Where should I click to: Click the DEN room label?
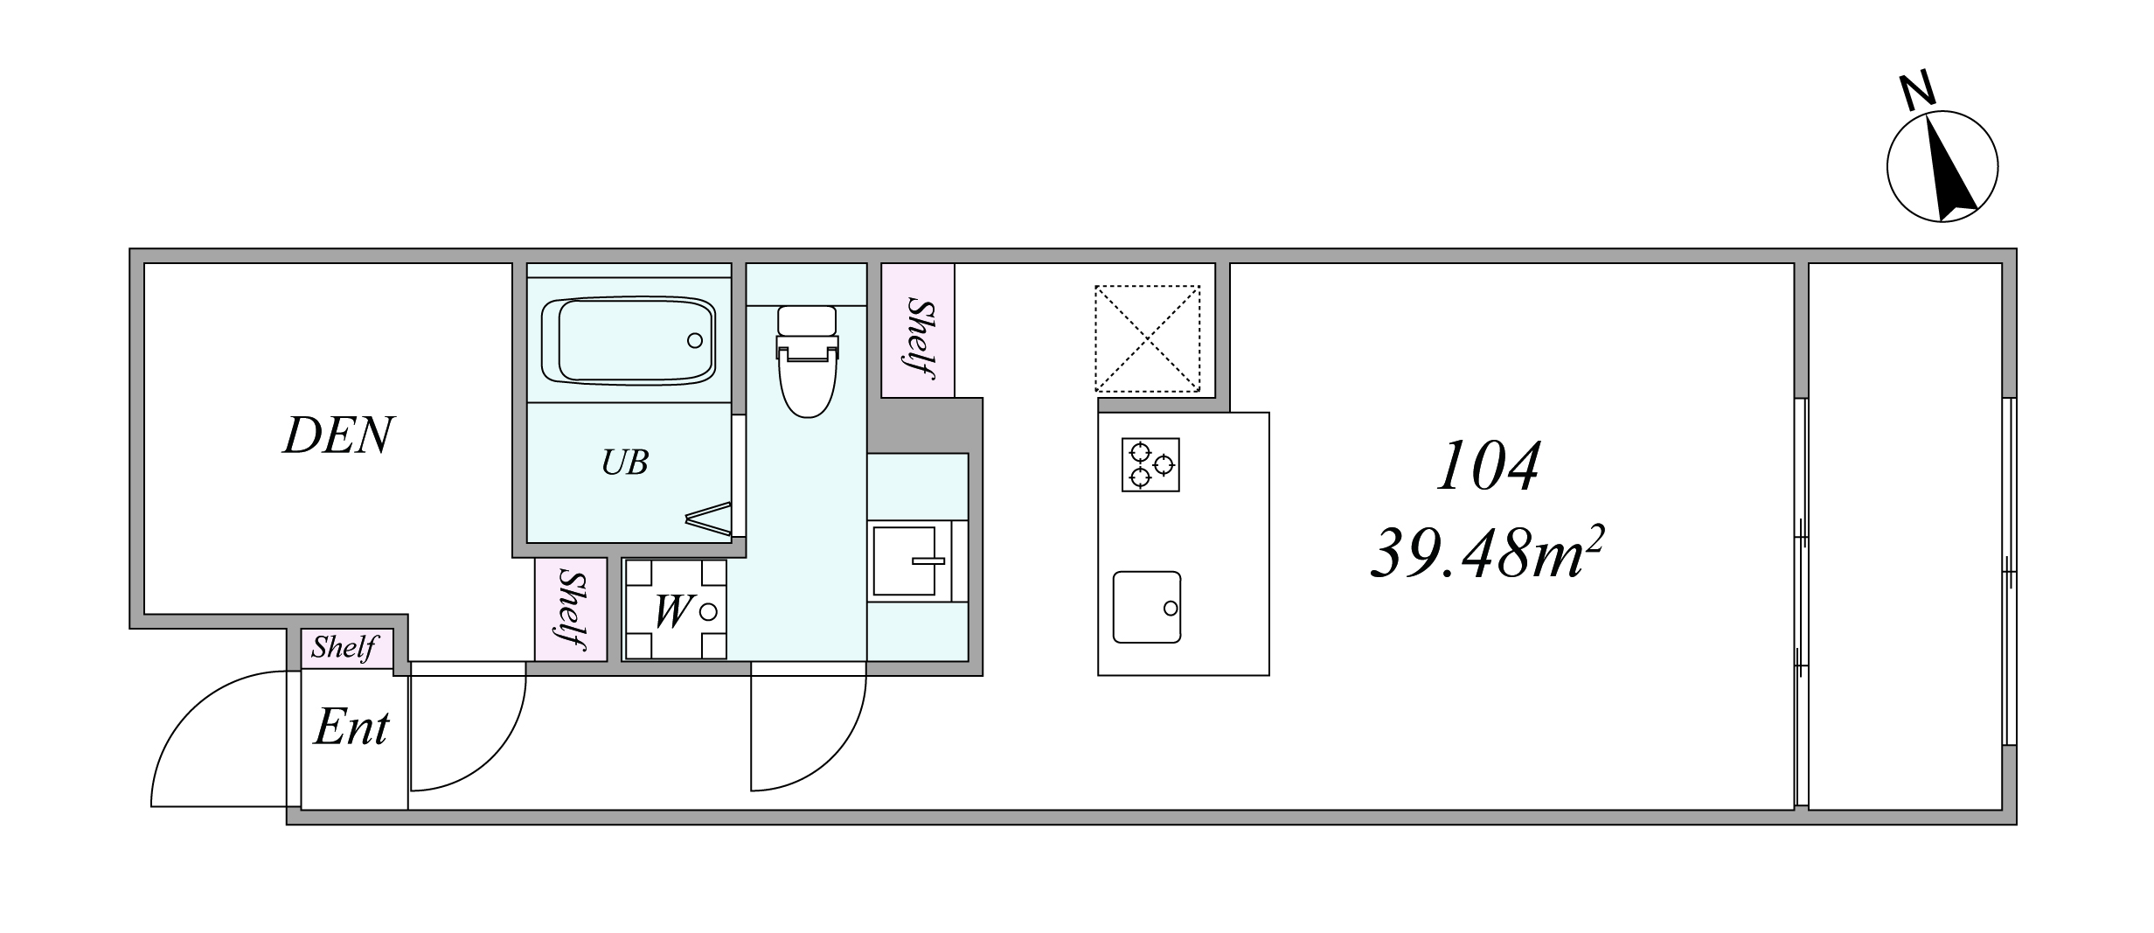pyautogui.click(x=338, y=435)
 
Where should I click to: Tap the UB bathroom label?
pyautogui.click(x=624, y=463)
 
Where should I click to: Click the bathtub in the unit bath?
pyautogui.click(x=629, y=340)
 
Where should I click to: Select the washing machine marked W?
pyautogui.click(x=675, y=609)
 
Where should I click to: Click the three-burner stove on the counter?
pyautogui.click(x=1150, y=464)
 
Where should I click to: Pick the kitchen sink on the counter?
pyautogui.click(x=1147, y=607)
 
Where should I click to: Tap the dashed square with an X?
pyautogui.click(x=1148, y=338)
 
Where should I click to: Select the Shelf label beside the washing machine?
pyautogui.click(x=572, y=609)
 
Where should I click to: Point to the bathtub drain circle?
pyautogui.click(x=695, y=340)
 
